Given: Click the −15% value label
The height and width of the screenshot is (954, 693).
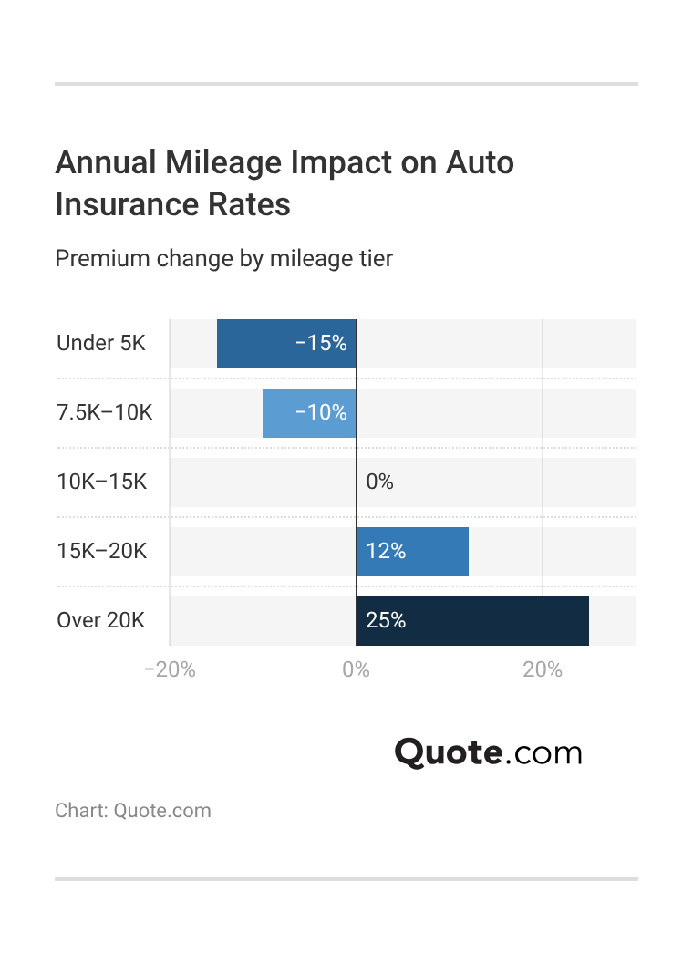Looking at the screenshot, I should point(321,344).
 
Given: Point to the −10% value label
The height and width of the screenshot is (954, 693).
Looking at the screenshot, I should point(321,413).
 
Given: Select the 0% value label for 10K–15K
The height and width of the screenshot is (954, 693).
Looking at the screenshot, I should point(379,482).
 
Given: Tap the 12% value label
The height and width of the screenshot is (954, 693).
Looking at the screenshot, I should point(385,552).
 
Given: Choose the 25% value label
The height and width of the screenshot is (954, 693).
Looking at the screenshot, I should point(385,621).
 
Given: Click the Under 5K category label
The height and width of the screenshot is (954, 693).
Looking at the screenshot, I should point(100,344).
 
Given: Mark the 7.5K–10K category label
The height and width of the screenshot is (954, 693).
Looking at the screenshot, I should point(105,413).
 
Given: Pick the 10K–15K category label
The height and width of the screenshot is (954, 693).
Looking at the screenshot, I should point(101,482).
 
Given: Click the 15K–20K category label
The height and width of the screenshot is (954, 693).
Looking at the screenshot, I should point(101,552).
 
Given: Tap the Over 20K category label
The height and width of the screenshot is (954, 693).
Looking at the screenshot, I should point(100,621).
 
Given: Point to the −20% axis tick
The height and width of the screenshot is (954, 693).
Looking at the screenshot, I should point(170,670).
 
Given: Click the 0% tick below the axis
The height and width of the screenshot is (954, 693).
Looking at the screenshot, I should point(356,670).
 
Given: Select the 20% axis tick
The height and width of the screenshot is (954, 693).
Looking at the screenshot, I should point(543,670).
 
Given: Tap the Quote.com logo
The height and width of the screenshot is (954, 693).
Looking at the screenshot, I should point(488,753).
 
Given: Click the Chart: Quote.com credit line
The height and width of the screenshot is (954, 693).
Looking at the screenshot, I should point(132,811).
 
